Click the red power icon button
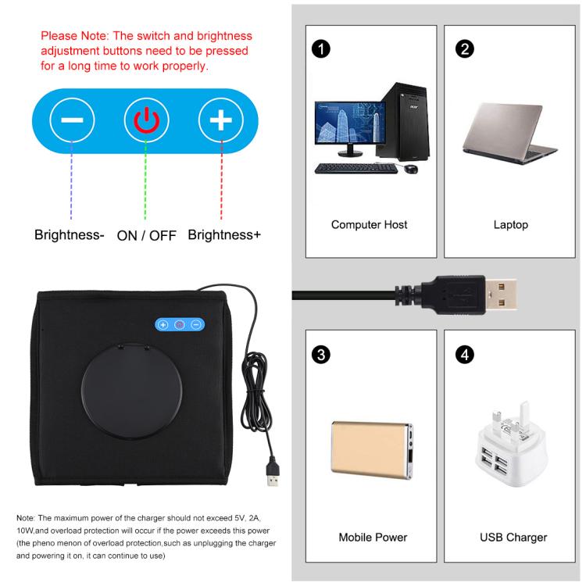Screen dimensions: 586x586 click(x=146, y=120)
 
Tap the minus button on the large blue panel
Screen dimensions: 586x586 click(x=72, y=120)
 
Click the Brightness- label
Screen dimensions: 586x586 click(x=70, y=234)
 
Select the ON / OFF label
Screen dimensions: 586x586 click(x=146, y=234)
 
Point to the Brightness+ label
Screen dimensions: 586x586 click(x=224, y=234)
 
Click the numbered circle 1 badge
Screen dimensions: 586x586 click(x=320, y=48)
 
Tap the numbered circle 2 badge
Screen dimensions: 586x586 click(x=463, y=48)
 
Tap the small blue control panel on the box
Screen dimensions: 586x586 click(x=180, y=324)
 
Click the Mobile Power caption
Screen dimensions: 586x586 click(x=373, y=538)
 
